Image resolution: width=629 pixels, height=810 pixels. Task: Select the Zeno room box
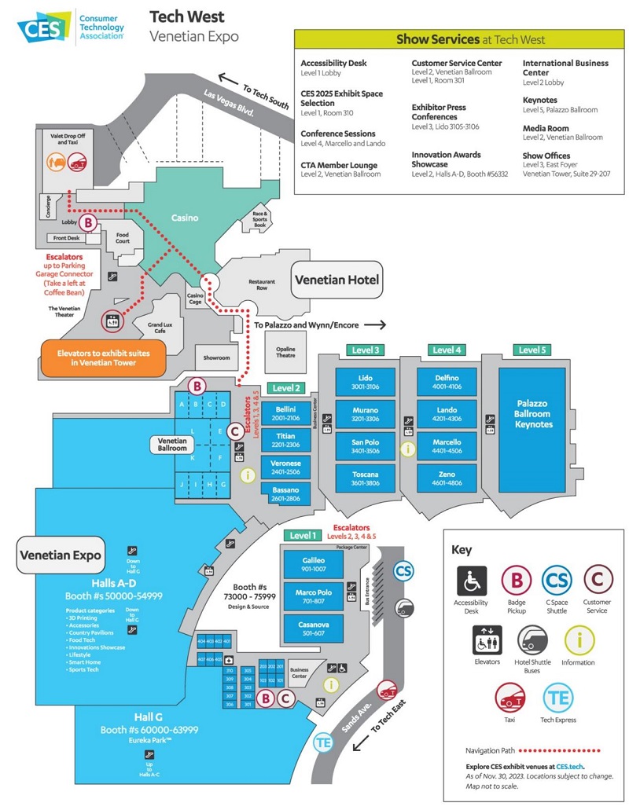[x=447, y=478]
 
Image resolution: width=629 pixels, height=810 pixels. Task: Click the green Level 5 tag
[x=532, y=350]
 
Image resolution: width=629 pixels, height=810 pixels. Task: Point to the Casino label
[x=185, y=218]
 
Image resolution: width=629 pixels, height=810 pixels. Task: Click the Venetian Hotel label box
[x=337, y=280]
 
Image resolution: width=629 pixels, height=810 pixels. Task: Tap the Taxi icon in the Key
[x=509, y=698]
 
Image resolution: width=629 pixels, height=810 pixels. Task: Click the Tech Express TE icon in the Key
[x=559, y=698]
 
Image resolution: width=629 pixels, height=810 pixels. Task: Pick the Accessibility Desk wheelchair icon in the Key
[x=472, y=581]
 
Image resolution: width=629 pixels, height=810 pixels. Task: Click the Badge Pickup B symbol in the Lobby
[x=89, y=223]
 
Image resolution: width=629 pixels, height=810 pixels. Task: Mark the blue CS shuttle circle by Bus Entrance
[x=403, y=571]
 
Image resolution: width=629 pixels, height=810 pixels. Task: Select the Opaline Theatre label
[x=286, y=350]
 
